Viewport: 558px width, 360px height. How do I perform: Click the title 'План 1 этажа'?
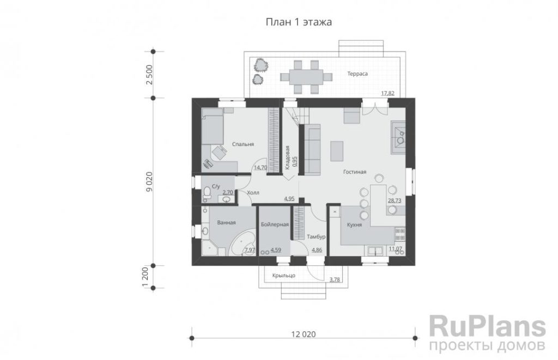(299, 22)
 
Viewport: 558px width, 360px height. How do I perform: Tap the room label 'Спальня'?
(242, 144)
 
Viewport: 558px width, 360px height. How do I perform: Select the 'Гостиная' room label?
(355, 172)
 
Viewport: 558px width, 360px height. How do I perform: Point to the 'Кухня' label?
(354, 225)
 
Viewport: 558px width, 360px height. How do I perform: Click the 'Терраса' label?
(357, 74)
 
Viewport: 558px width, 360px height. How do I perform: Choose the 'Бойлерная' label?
(275, 224)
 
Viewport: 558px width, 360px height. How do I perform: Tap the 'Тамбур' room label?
(316, 236)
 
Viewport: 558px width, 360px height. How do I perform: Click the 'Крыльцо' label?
(283, 276)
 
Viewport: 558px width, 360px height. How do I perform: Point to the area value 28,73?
(395, 200)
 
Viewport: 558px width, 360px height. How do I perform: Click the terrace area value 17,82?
(387, 93)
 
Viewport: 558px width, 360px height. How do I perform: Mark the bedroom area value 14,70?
(260, 167)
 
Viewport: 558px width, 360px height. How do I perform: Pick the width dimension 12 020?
(303, 334)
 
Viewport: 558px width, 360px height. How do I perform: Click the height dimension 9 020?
(149, 182)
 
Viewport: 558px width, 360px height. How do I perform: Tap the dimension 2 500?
(149, 75)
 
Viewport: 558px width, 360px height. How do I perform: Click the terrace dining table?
(306, 76)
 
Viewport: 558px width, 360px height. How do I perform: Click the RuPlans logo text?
(487, 326)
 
